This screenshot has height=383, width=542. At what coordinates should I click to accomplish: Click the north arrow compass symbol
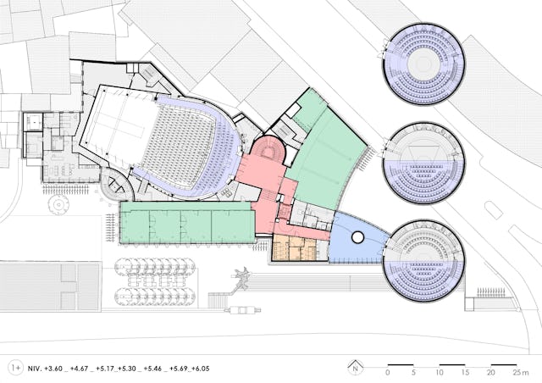(x=356, y=368)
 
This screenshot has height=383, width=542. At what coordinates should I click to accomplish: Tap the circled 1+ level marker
(x=15, y=368)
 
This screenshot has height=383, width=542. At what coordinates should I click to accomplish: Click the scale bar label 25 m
(x=521, y=373)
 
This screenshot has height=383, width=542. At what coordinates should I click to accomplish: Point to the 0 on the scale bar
(x=388, y=373)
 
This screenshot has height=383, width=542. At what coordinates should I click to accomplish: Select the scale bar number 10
(x=440, y=373)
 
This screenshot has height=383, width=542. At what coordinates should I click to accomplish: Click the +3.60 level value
(x=53, y=369)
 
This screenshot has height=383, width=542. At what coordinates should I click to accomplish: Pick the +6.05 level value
(x=201, y=369)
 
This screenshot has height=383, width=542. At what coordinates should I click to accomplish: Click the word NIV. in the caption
(x=34, y=369)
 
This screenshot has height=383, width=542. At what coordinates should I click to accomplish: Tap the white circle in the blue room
(x=357, y=237)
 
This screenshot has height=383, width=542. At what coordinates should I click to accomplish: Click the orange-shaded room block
(x=294, y=247)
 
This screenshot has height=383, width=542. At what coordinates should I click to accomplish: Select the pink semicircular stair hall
(x=268, y=148)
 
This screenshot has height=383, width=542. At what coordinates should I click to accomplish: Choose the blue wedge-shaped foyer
(x=357, y=239)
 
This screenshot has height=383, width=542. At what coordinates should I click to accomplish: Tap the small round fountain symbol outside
(x=58, y=204)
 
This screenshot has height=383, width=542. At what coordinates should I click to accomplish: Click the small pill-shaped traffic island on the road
(x=493, y=210)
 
